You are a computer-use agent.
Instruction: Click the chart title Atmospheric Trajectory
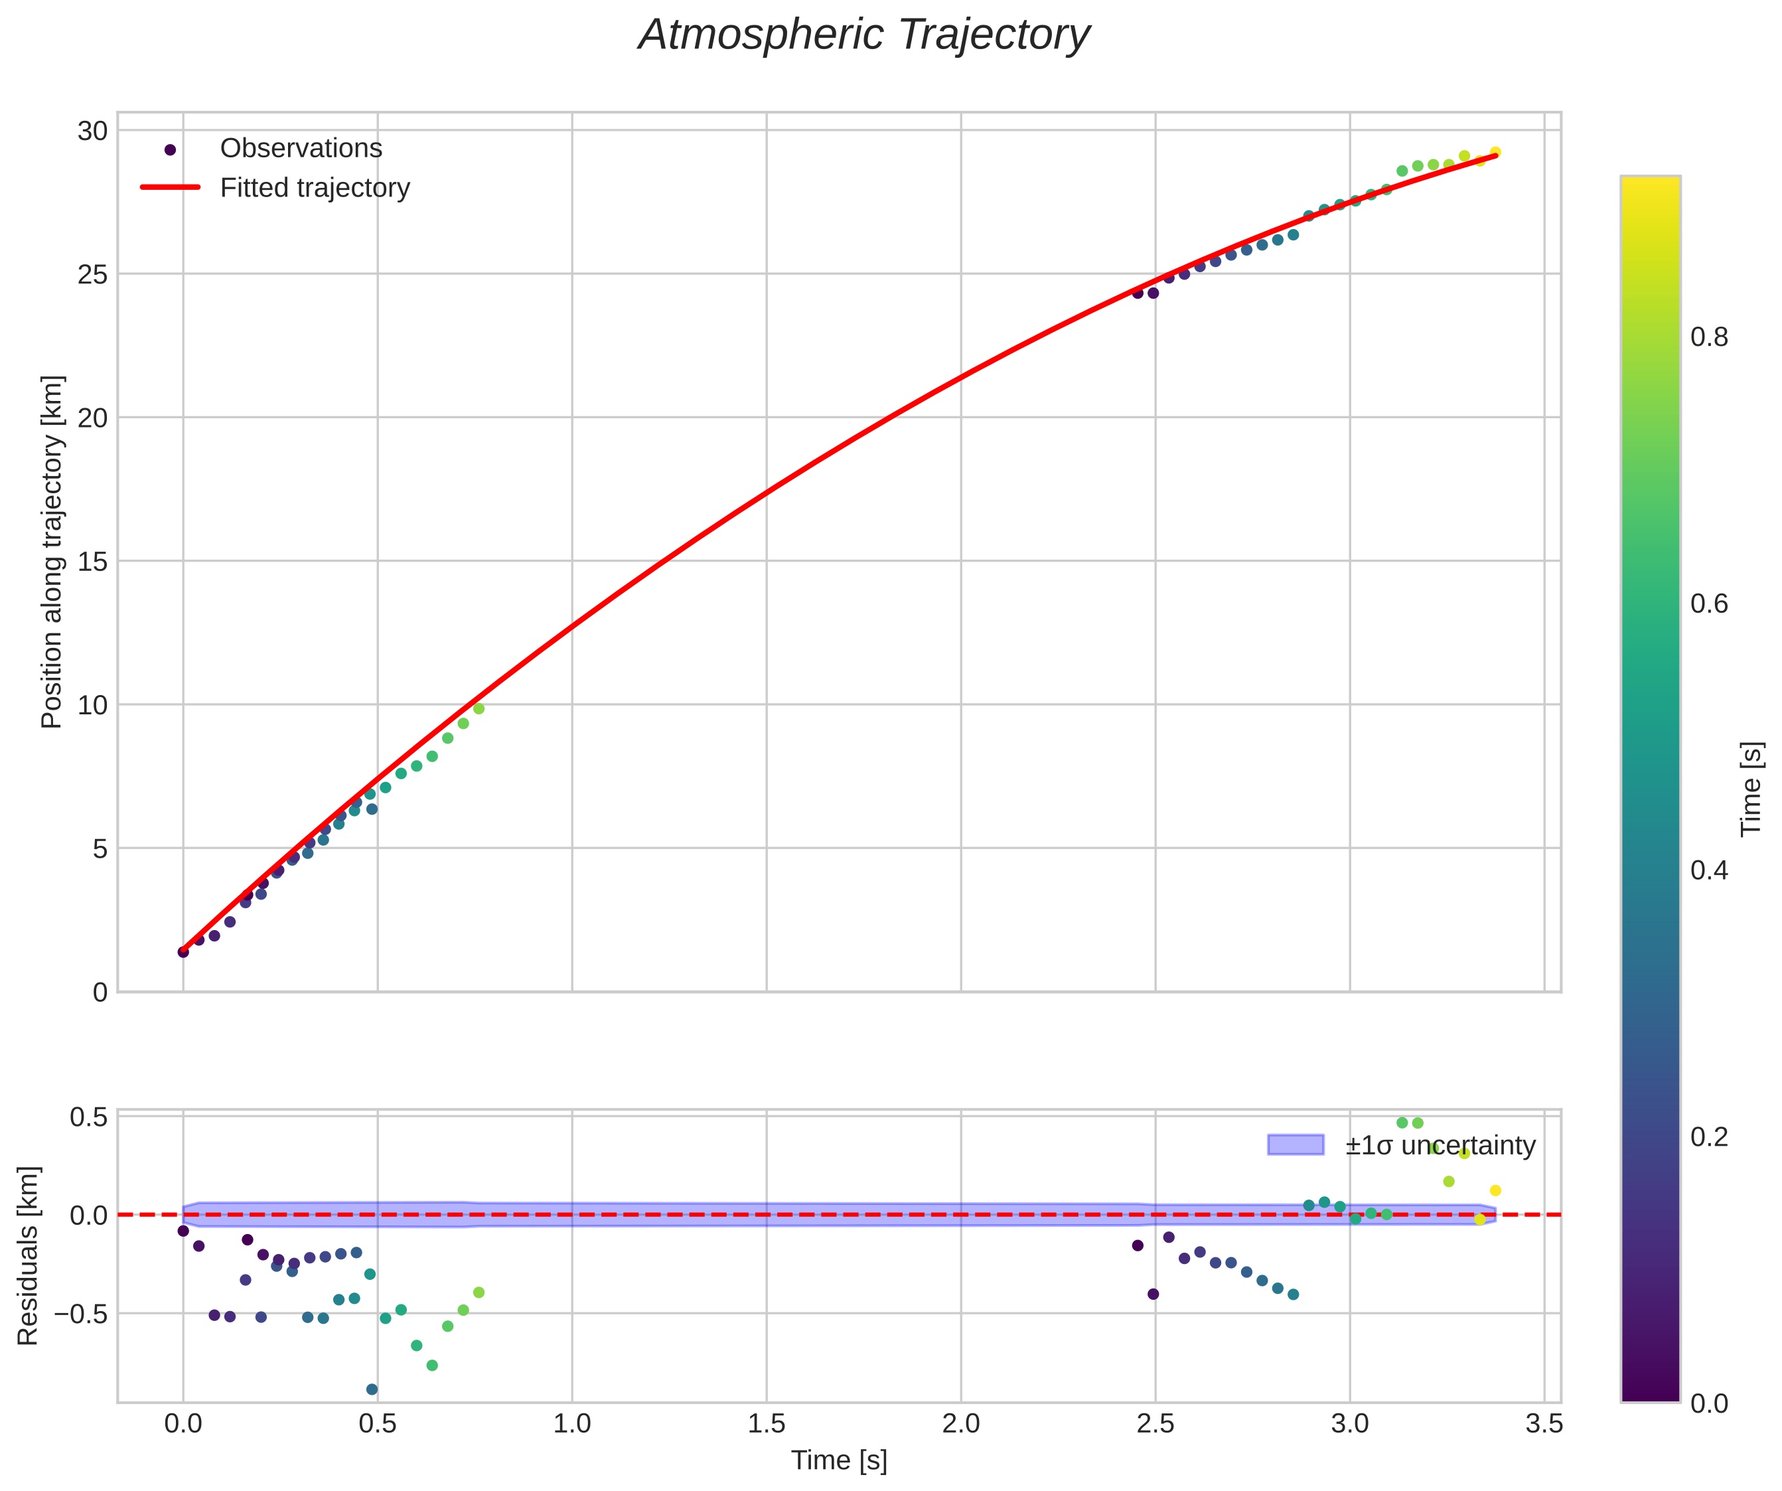(x=864, y=36)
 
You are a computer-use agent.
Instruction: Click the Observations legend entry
(x=301, y=149)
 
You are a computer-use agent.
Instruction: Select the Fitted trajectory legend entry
(x=315, y=188)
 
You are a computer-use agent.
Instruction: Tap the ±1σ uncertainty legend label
(x=1440, y=1146)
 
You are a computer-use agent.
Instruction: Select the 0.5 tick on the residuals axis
(x=88, y=1117)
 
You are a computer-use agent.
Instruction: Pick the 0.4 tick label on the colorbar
(x=1709, y=871)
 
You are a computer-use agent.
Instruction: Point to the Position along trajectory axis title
(x=52, y=552)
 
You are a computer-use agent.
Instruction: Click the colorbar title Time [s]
(x=1751, y=789)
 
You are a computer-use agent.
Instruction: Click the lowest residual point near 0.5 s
(x=372, y=1389)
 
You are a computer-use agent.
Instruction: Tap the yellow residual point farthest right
(x=1495, y=1190)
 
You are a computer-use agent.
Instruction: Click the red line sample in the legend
(x=170, y=188)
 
